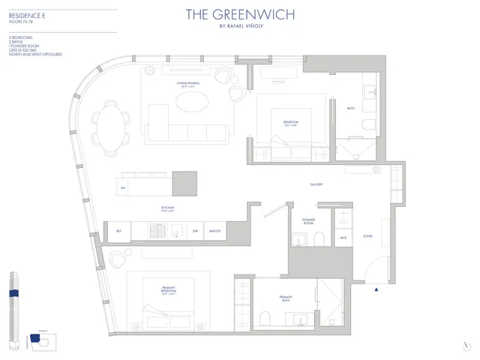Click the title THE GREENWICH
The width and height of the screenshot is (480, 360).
pyautogui.click(x=241, y=14)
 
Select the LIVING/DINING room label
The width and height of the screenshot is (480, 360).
pyautogui.click(x=186, y=85)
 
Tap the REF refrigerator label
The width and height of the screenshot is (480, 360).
pyautogui.click(x=118, y=231)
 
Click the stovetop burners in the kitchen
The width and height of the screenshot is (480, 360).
pyautogui.click(x=160, y=231)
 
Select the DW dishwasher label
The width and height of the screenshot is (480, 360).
pyautogui.click(x=195, y=231)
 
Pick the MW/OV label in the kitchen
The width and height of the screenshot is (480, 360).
pyautogui.click(x=214, y=231)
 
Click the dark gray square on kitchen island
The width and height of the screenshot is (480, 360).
pyautogui.click(x=184, y=183)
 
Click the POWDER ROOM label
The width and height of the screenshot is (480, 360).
pyautogui.click(x=308, y=221)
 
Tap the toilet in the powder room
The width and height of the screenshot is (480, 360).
pyautogui.click(x=318, y=238)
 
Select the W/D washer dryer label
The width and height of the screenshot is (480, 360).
pyautogui.click(x=343, y=238)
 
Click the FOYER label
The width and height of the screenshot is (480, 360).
pyautogui.click(x=367, y=235)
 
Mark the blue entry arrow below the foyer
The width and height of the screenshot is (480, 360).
pyautogui.click(x=376, y=289)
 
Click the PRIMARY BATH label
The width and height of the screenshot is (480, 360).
pyautogui.click(x=286, y=298)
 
